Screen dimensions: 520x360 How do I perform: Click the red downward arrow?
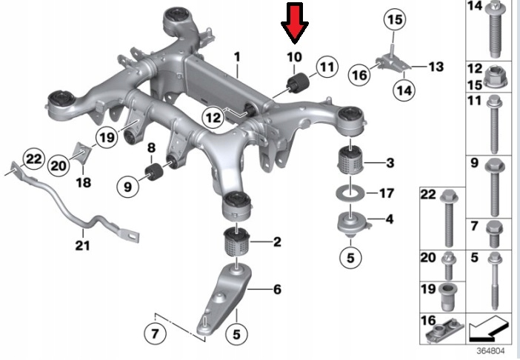click(x=295, y=23)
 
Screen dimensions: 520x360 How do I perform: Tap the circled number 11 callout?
click(x=327, y=67)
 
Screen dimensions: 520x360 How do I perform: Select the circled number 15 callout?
click(x=395, y=19)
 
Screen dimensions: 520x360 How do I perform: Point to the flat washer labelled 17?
click(x=350, y=193)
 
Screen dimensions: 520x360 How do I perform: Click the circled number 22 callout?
click(x=33, y=159)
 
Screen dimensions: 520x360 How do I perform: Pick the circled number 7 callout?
click(x=156, y=333)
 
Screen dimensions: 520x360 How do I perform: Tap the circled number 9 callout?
click(x=128, y=187)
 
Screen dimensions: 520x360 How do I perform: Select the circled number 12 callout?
click(x=213, y=117)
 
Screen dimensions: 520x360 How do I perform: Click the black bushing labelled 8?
click(x=153, y=172)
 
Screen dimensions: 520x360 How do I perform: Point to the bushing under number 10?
click(x=298, y=83)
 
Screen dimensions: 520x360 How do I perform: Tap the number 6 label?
click(x=277, y=290)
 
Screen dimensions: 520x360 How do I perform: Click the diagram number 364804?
click(x=490, y=350)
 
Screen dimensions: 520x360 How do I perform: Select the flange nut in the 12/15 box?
click(x=495, y=78)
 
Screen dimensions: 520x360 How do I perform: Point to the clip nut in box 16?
click(x=445, y=330)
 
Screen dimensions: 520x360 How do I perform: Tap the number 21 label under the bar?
click(x=82, y=246)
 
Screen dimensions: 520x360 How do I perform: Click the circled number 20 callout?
click(x=59, y=164)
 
